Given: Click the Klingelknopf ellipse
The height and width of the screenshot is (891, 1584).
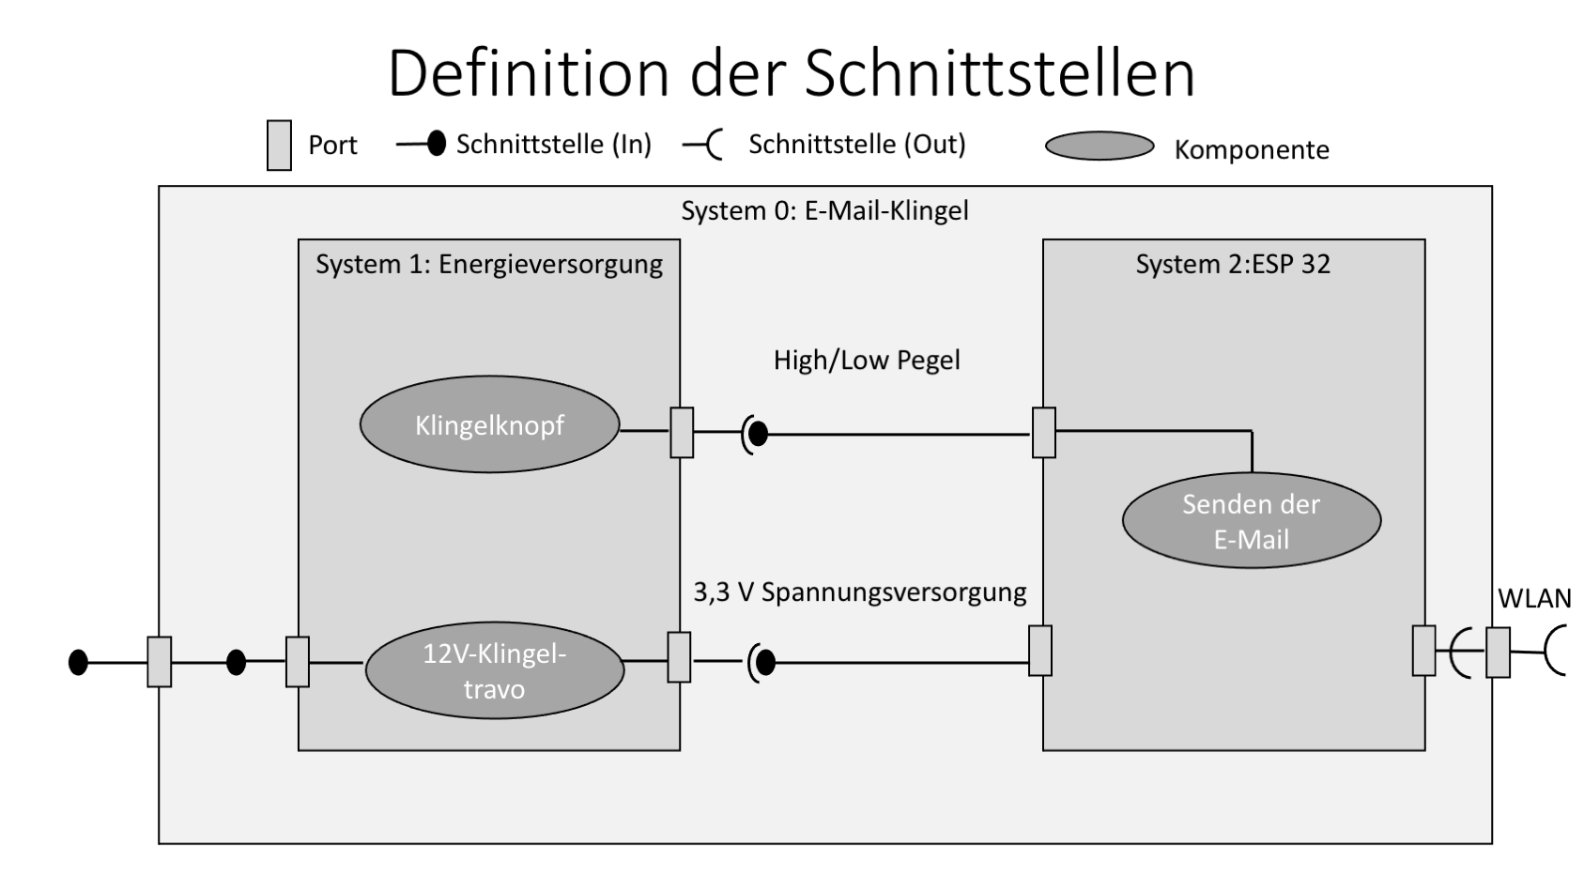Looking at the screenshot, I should [489, 425].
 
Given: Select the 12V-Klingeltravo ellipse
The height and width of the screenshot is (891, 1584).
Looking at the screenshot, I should [494, 671].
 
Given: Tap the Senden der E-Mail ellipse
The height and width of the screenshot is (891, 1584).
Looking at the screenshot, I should [1251, 521].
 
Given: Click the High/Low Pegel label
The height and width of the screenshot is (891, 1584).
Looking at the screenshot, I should [866, 361].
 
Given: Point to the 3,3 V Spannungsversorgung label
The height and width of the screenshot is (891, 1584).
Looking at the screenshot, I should [859, 592].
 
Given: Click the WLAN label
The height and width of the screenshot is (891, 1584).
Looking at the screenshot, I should [1533, 599].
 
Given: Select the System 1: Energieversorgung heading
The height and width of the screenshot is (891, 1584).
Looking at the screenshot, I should [488, 265].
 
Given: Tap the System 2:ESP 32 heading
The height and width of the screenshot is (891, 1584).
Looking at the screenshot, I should [1232, 265].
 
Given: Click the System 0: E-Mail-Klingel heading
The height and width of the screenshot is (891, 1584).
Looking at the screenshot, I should [824, 210].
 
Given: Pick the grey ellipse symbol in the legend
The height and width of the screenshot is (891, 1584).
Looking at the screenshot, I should [1099, 146].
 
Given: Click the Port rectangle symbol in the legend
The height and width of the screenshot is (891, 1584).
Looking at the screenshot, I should [279, 146].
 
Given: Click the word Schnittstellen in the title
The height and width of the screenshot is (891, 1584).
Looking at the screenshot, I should [999, 73].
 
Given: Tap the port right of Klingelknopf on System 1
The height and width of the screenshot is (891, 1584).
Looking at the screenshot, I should [682, 433].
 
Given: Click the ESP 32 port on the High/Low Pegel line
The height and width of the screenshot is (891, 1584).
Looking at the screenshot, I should [1043, 433].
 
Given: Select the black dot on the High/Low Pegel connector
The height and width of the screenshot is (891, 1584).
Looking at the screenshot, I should [758, 434].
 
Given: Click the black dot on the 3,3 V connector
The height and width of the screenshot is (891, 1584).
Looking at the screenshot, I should [765, 663].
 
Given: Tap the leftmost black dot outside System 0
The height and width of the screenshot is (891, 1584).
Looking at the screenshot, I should [79, 663].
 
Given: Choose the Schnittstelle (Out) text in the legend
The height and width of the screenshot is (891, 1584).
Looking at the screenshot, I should [856, 145].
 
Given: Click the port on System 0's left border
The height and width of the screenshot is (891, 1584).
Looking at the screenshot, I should [160, 662].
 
